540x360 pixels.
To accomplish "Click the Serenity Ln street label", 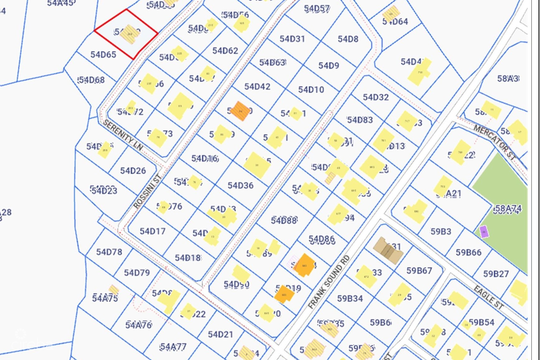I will coord(123,135).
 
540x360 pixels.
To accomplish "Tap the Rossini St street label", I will coord(148,191).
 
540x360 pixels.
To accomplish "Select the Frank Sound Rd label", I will coord(329,282).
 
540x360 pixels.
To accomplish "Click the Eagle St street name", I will coord(489,297).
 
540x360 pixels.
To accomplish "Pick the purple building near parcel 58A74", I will coord(484,232).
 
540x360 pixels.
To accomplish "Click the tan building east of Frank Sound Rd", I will coord(388,250).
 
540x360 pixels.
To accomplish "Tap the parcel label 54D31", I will coord(292,39).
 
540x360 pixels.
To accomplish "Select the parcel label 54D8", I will coord(348,39).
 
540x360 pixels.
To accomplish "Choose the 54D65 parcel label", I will coord(103,54).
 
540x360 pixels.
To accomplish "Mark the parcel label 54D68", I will coord(91,80).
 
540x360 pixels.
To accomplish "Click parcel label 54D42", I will coord(257,87).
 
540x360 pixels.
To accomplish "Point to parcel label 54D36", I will coord(240,186).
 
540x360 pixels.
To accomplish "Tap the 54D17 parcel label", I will coord(152,231).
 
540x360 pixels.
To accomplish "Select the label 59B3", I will coord(441,231).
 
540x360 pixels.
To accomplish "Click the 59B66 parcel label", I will coord(468,252).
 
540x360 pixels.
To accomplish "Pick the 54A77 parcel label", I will coord(173,347).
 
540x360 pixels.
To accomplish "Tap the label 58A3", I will coord(508,78).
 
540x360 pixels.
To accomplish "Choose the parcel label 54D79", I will coord(137,273).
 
